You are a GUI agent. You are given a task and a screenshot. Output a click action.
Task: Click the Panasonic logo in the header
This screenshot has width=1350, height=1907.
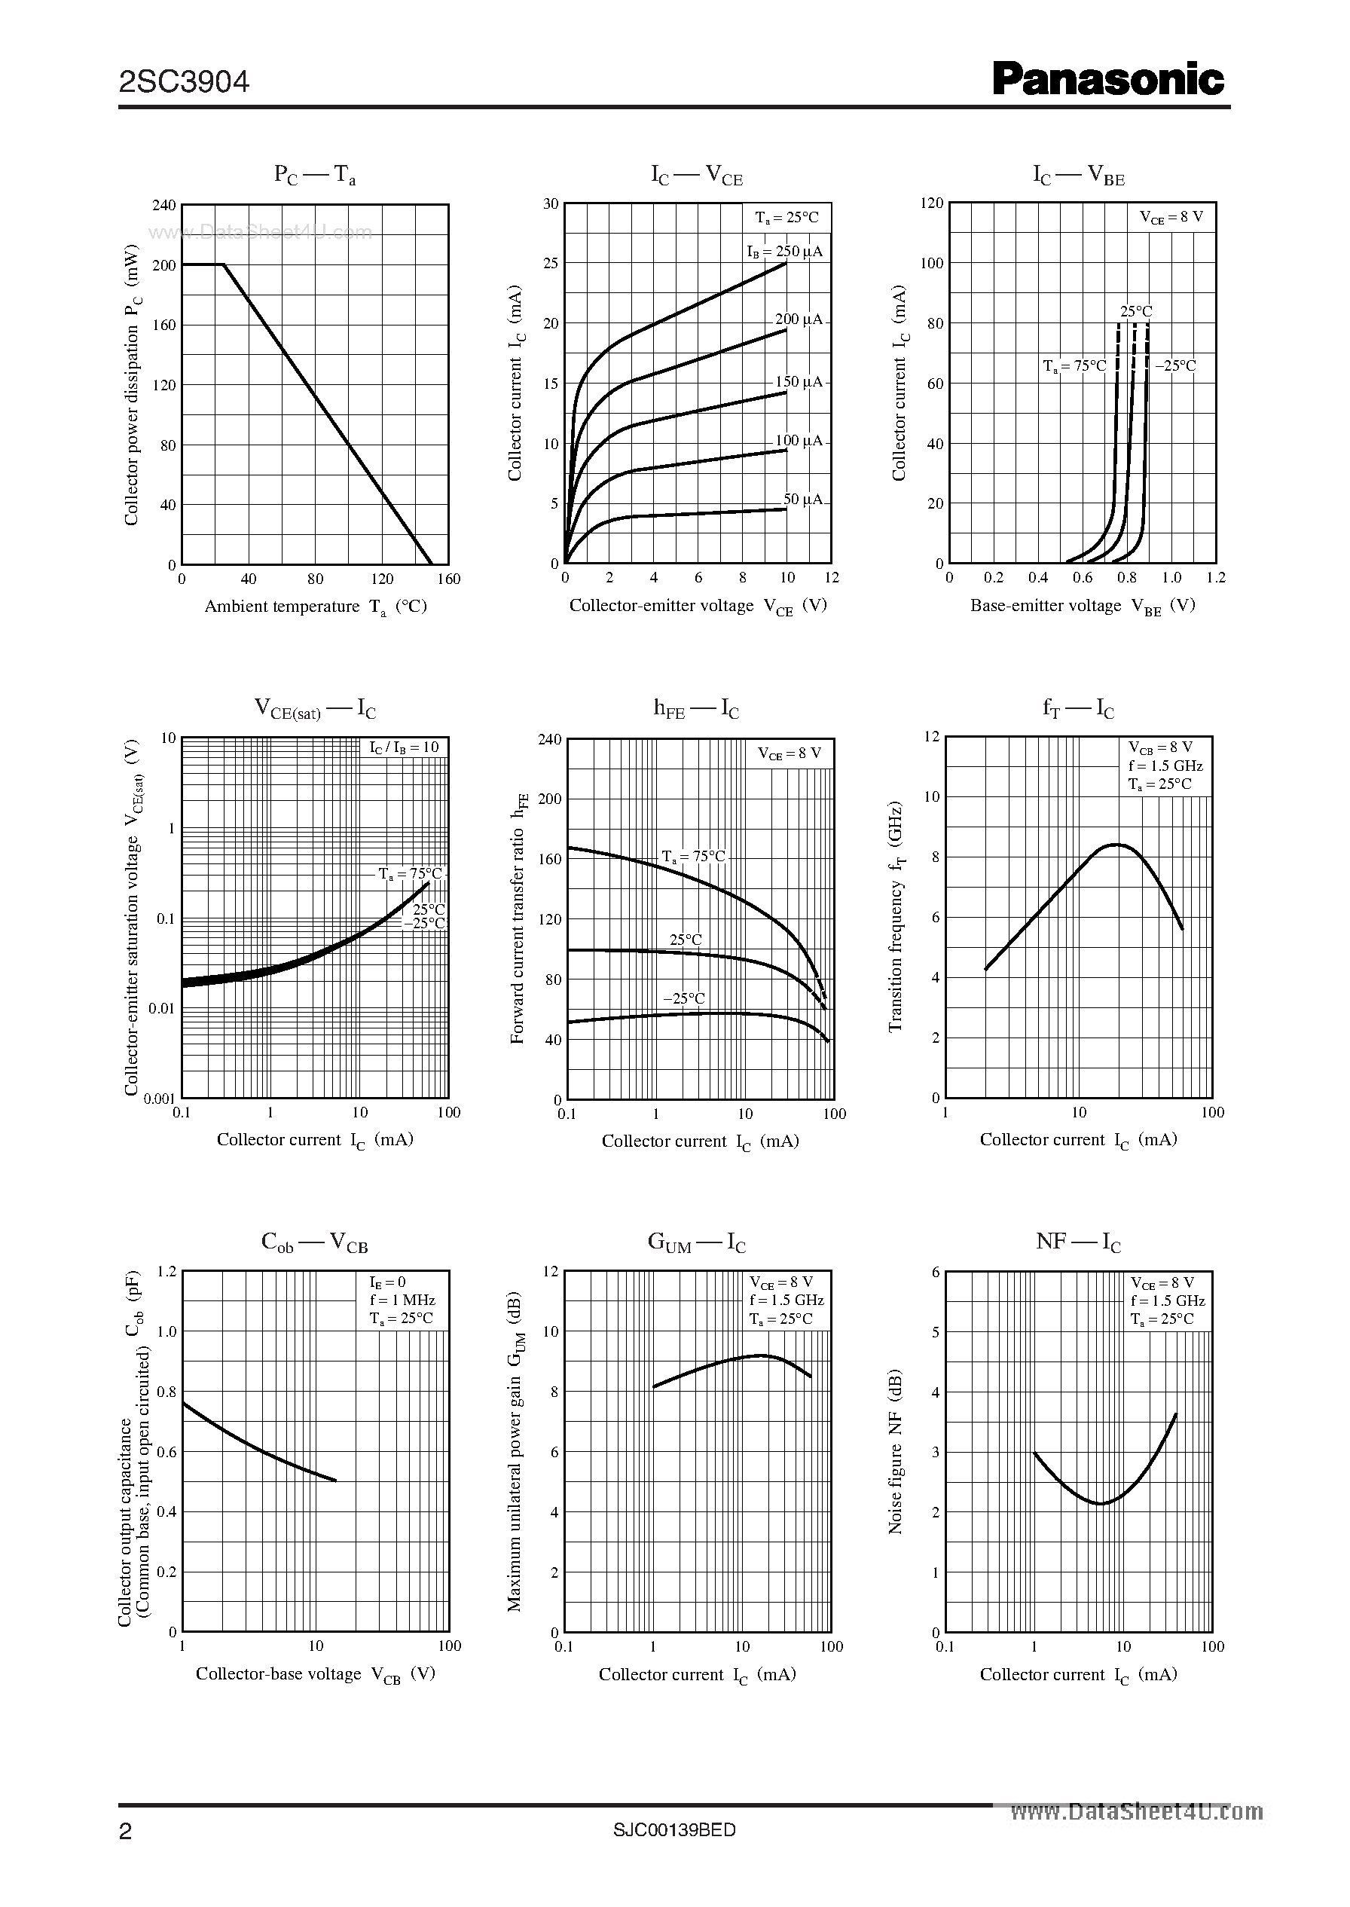(x=1108, y=81)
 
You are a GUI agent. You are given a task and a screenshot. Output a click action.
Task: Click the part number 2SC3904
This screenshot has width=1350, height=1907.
(x=184, y=82)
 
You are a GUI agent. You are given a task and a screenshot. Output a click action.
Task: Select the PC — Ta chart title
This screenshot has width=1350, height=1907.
(x=315, y=176)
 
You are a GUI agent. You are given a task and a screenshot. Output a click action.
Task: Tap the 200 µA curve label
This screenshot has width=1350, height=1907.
(x=798, y=319)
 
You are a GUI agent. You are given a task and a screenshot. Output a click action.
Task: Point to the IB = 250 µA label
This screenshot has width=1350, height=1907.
(x=784, y=251)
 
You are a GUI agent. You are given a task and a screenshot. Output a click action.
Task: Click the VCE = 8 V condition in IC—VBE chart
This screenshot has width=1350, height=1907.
(x=1171, y=217)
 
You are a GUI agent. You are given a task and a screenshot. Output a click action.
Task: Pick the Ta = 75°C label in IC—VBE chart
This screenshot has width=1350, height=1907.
(x=1074, y=365)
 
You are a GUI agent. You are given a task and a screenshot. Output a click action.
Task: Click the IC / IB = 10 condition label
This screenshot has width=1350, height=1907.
(x=404, y=747)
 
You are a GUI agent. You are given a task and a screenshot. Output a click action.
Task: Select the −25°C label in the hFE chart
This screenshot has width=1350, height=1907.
(x=683, y=998)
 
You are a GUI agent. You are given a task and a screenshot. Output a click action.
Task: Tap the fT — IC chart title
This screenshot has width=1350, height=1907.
(x=1078, y=709)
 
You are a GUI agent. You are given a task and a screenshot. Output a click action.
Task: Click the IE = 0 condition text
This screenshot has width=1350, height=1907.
(x=387, y=1282)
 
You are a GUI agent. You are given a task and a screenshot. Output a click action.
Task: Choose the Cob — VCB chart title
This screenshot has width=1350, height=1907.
(x=314, y=1242)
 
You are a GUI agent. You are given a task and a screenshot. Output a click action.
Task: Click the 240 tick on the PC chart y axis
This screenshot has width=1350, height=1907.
(x=163, y=206)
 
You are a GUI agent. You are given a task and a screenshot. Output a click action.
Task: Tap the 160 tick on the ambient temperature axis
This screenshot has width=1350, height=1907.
(x=448, y=579)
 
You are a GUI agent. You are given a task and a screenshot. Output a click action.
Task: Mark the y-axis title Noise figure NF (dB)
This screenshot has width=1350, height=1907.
(x=895, y=1450)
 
